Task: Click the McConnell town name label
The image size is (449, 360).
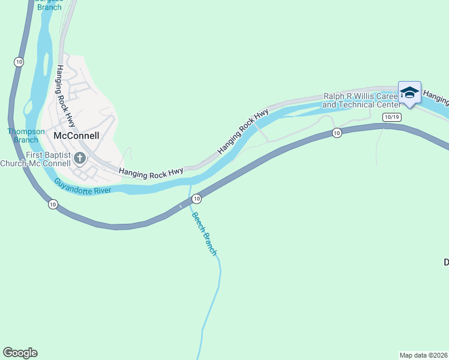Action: pos(76,136)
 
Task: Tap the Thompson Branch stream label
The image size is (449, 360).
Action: pos(26,136)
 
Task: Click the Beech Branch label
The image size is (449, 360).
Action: pos(204,233)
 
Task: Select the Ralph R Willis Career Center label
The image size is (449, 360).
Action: pos(360,100)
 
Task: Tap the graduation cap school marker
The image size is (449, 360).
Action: pos(409,93)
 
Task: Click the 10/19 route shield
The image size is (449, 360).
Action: pos(391,117)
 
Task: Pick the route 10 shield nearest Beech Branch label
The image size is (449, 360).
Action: pos(196,198)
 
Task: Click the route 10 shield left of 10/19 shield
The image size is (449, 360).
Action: pos(337,133)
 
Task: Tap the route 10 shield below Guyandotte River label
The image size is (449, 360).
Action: pos(53,205)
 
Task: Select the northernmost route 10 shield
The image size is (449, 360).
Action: pos(19,62)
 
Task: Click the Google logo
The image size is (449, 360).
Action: pos(20,353)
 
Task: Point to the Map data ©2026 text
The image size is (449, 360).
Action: pos(423,355)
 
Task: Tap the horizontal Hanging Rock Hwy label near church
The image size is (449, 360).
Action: pos(151,172)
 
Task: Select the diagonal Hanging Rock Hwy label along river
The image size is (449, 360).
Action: pos(243,131)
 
